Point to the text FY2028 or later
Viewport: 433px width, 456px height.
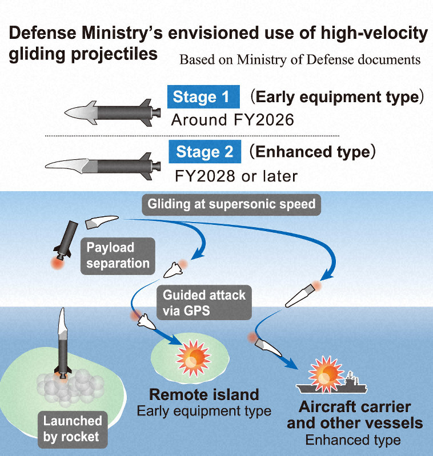(236, 175)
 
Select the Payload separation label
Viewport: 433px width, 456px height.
(118, 255)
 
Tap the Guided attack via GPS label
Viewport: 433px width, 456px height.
(204, 302)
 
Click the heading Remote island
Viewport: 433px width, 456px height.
(204, 394)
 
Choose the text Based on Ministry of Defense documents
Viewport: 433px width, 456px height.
(300, 59)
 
